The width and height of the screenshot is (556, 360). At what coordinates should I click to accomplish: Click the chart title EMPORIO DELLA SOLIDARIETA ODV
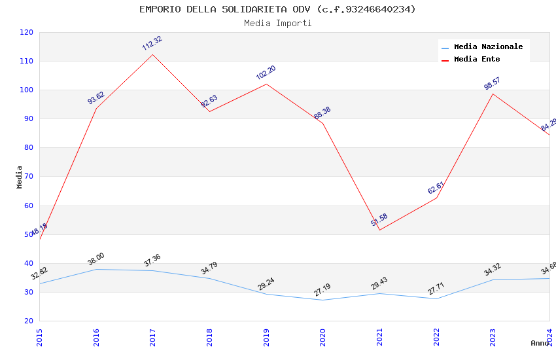coord(277,9)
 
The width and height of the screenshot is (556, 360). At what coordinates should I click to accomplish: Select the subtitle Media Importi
coord(277,24)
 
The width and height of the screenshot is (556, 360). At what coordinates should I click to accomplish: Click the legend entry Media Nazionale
coord(488,46)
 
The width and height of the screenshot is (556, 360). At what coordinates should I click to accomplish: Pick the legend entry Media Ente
coord(477,59)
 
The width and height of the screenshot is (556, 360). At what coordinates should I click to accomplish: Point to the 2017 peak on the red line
coord(152,54)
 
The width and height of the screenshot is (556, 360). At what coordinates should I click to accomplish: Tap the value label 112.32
coord(152,43)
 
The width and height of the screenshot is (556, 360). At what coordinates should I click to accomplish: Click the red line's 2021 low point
coord(379,230)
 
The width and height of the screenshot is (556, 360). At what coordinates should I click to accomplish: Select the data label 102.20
coord(266,73)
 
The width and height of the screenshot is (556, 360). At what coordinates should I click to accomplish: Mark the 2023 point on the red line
coord(493,94)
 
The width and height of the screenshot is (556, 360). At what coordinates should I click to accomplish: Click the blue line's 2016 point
coord(96,269)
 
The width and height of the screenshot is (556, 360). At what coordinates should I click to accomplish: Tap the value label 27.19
coord(322,289)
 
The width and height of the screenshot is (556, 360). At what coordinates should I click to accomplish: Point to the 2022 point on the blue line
coord(436,298)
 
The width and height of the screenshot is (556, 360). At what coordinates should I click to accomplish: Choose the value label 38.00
coord(96,259)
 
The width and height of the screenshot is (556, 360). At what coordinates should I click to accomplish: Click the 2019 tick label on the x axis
coord(266,337)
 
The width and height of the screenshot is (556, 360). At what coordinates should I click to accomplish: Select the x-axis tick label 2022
coord(436,337)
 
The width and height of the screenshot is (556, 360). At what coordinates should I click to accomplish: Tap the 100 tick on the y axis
coord(26,90)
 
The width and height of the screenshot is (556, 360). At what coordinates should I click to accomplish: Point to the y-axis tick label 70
coord(28,177)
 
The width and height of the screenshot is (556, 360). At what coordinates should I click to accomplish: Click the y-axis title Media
coord(20,177)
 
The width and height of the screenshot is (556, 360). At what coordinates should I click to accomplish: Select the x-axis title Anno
coord(540,343)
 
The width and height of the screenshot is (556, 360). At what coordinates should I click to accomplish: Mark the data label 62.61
coord(436,188)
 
